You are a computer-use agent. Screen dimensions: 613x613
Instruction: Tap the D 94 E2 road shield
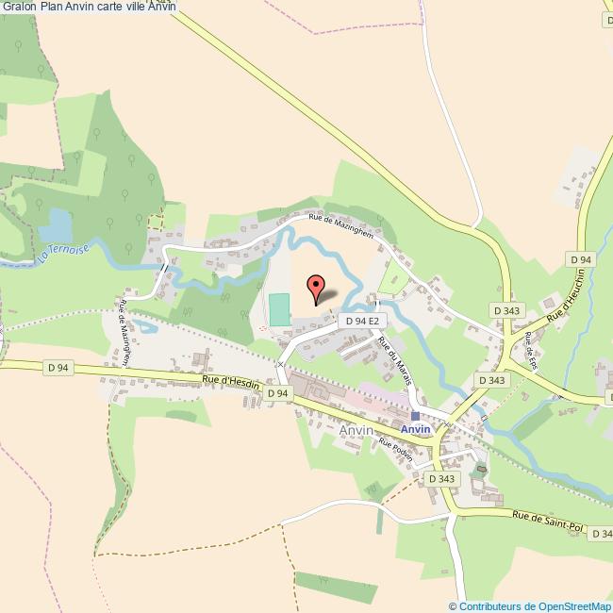361,321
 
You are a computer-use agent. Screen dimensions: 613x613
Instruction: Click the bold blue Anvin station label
415,429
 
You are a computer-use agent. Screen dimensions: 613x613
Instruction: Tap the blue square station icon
415,416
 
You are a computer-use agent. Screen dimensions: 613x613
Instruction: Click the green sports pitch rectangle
279,310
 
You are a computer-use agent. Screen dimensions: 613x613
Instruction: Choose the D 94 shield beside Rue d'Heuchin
580,259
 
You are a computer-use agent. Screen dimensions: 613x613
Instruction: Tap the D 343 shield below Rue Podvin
441,479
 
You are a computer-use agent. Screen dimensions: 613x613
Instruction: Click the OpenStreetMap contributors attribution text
530,606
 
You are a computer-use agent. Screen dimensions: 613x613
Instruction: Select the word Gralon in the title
19,7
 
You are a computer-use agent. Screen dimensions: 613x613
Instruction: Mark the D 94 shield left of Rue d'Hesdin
58,367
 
